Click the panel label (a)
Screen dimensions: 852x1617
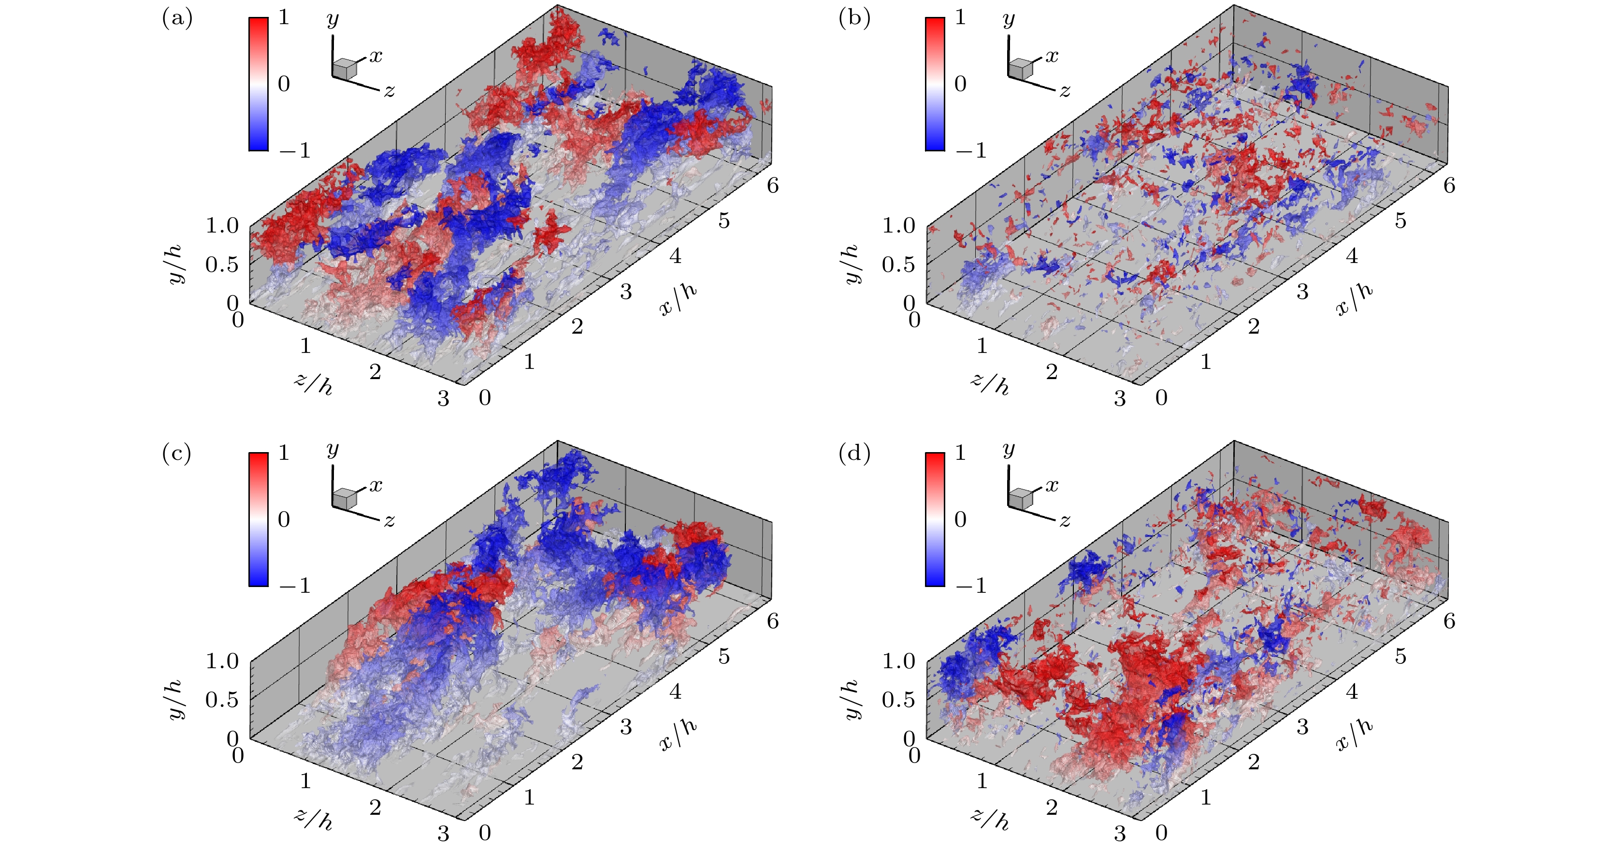click(x=177, y=19)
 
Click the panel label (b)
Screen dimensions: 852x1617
click(x=854, y=19)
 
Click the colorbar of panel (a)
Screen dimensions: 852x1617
click(x=258, y=84)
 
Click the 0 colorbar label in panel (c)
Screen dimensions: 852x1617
click(x=284, y=519)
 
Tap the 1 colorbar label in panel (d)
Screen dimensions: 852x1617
click(x=960, y=453)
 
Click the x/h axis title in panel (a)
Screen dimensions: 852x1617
click(x=678, y=299)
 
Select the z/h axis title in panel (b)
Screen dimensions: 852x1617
click(x=990, y=382)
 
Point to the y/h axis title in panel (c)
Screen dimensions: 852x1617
click(x=176, y=699)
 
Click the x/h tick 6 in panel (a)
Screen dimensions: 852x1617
click(x=773, y=185)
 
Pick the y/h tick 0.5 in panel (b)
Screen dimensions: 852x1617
click(x=898, y=265)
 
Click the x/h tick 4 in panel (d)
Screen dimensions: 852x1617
click(x=1352, y=692)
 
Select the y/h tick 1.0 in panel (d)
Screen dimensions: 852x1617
click(x=899, y=661)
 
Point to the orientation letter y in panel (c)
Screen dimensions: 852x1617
click(x=332, y=450)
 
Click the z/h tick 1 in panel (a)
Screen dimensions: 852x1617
click(x=306, y=345)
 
